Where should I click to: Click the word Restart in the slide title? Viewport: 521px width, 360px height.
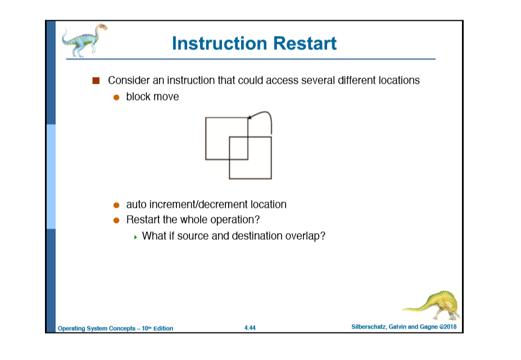click(x=305, y=43)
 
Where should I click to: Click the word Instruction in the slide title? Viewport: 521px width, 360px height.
click(x=220, y=43)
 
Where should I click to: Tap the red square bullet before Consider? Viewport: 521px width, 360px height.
click(x=96, y=80)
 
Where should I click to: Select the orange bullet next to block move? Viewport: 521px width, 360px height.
click(x=116, y=97)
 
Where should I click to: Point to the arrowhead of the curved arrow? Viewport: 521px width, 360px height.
click(x=250, y=117)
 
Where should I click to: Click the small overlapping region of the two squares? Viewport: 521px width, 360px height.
click(x=238, y=148)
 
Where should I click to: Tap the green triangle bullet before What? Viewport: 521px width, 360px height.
click(x=135, y=237)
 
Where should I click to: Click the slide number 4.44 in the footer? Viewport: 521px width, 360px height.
click(x=250, y=328)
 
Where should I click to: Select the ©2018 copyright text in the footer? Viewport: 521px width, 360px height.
click(x=448, y=327)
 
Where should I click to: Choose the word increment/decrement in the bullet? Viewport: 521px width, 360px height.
click(x=198, y=204)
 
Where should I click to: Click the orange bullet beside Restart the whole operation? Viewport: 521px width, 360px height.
click(x=116, y=221)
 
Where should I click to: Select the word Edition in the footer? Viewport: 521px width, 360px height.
click(x=163, y=329)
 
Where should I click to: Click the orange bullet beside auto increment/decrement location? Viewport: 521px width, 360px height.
click(x=116, y=205)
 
